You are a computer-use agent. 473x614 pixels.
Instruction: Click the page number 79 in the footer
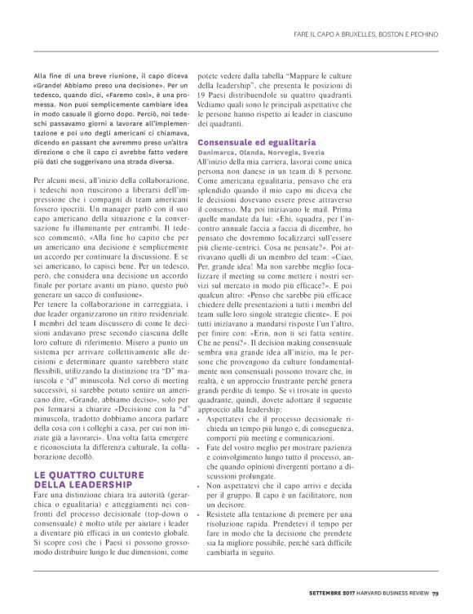click(435, 592)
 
